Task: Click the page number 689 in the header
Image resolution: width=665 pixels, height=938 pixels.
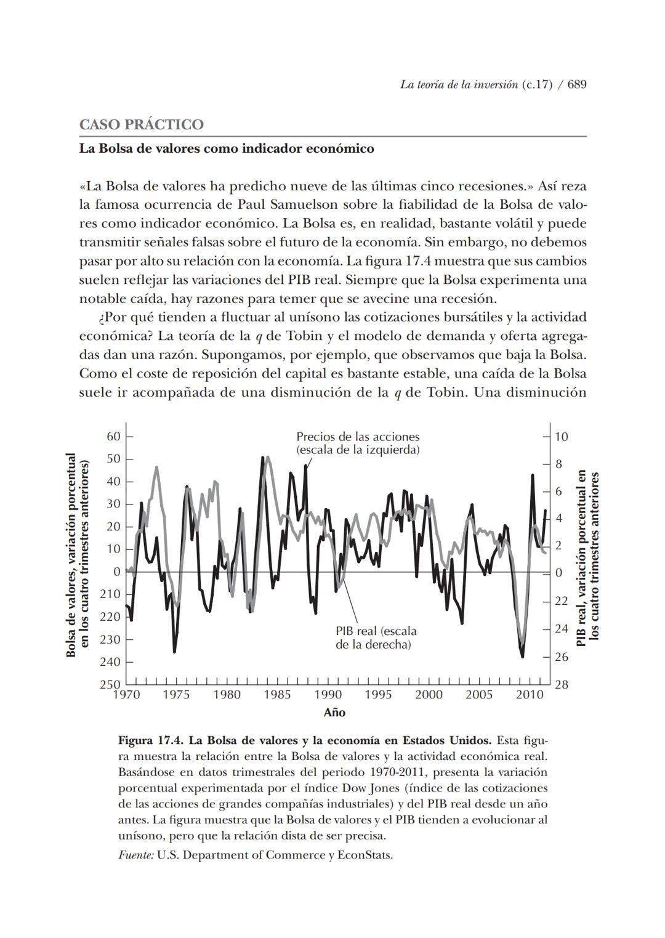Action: coord(576,85)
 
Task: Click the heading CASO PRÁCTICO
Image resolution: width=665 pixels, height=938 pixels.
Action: coord(141,124)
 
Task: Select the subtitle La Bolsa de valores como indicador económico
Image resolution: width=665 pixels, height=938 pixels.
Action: coord(226,148)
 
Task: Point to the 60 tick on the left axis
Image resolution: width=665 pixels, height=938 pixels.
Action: coord(113,437)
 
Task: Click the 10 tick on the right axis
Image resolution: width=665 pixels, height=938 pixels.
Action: coord(561,437)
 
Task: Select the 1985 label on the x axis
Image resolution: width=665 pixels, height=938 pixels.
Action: coord(277,695)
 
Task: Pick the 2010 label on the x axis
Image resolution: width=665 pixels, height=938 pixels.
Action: coord(529,695)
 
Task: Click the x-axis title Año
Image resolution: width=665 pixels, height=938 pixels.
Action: coord(334,713)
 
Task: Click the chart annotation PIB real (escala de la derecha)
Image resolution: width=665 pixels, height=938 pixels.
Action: coord(376,637)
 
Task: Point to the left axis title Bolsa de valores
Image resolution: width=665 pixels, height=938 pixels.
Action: coord(71,554)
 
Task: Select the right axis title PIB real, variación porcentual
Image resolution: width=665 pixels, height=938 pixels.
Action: coord(581,557)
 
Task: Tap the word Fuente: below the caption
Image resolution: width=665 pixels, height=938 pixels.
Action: coord(135,855)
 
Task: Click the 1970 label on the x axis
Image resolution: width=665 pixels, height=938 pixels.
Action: coord(126,695)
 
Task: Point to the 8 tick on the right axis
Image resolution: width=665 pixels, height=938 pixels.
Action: coord(558,464)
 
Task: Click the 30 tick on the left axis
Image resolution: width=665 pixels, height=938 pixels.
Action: coord(113,504)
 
